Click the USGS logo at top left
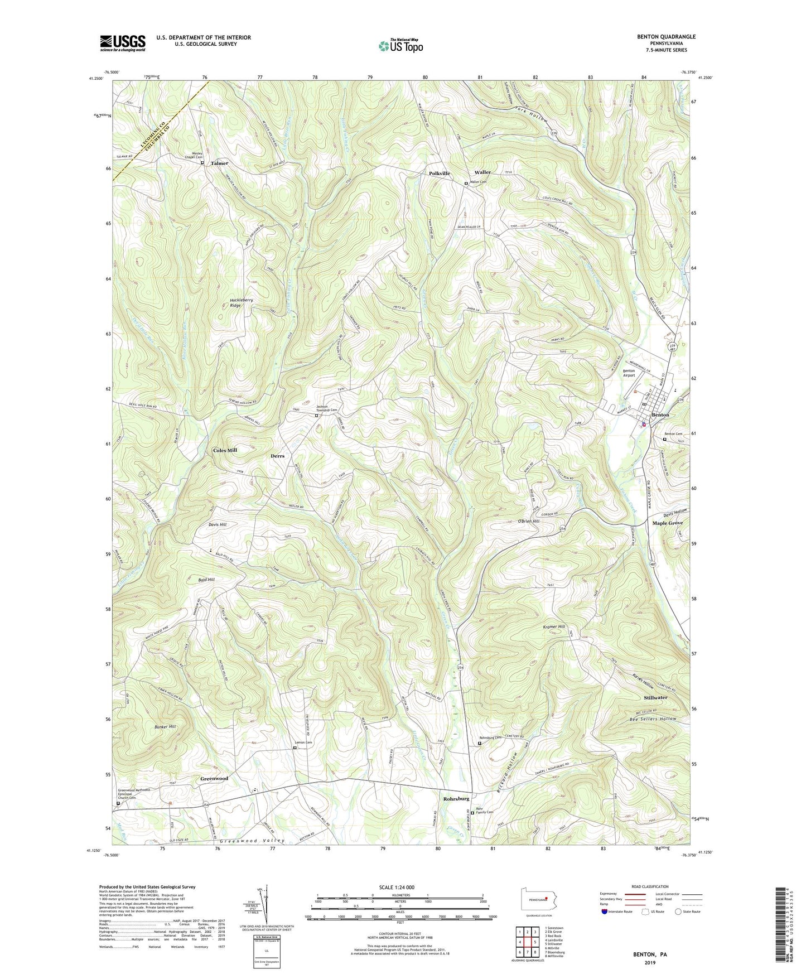point(123,43)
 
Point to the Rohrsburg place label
point(456,799)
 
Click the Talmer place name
point(219,163)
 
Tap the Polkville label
point(439,173)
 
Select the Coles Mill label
point(225,450)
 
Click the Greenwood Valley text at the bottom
point(252,841)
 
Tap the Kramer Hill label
point(554,627)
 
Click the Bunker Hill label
point(165,727)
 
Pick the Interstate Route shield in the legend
point(605,912)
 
